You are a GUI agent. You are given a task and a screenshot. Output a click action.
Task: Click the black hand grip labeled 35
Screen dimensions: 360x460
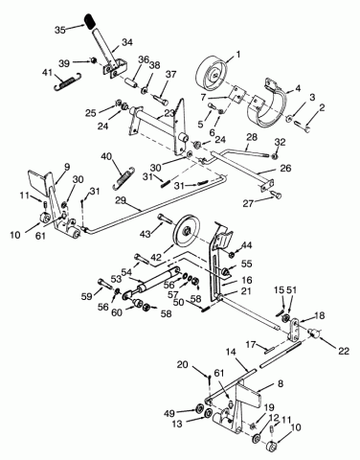91,22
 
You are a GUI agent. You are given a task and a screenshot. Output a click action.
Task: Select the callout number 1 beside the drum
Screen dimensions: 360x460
238,54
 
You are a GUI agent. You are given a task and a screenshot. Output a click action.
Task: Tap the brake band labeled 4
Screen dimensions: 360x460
268,102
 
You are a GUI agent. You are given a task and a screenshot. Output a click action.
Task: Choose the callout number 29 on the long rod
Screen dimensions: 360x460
121,201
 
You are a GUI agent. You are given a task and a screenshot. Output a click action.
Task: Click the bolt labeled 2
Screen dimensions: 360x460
304,126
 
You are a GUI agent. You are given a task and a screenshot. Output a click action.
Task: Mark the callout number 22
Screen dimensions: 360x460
344,351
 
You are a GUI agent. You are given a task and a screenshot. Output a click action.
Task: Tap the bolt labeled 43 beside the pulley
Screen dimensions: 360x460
166,218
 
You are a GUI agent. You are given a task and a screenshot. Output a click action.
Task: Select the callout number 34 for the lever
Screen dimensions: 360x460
127,42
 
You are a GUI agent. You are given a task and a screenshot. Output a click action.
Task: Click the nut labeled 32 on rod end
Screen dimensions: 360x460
274,156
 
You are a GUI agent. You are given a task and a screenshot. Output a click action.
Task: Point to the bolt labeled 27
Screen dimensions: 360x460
276,195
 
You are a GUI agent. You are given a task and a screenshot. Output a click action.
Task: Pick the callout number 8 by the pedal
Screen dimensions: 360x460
281,383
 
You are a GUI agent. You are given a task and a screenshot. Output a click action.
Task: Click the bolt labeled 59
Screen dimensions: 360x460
105,283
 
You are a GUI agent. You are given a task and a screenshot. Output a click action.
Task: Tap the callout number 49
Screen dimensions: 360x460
169,413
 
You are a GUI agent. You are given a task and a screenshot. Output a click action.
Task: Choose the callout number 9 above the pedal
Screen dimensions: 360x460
66,167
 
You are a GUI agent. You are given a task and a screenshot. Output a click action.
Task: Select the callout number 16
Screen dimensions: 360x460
247,280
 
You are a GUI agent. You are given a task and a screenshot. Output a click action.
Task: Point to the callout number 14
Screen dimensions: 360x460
231,352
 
